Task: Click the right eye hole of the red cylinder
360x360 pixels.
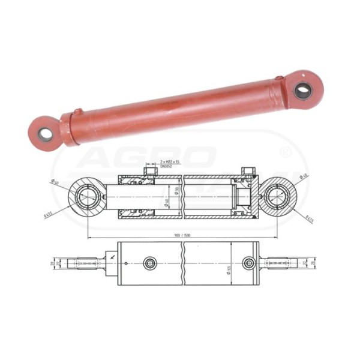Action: pos(303,91)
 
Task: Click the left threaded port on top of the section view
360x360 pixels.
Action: pos(149,172)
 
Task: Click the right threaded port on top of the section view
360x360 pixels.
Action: pos(246,172)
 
